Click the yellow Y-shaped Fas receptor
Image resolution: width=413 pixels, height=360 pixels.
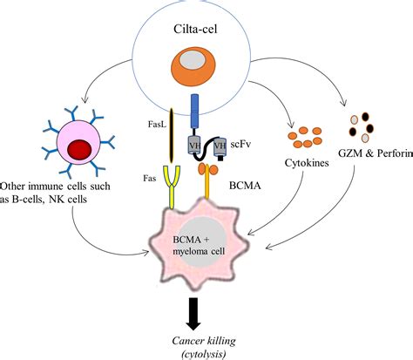click(165, 193)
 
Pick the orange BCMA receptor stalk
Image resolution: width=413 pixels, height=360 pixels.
click(208, 196)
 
